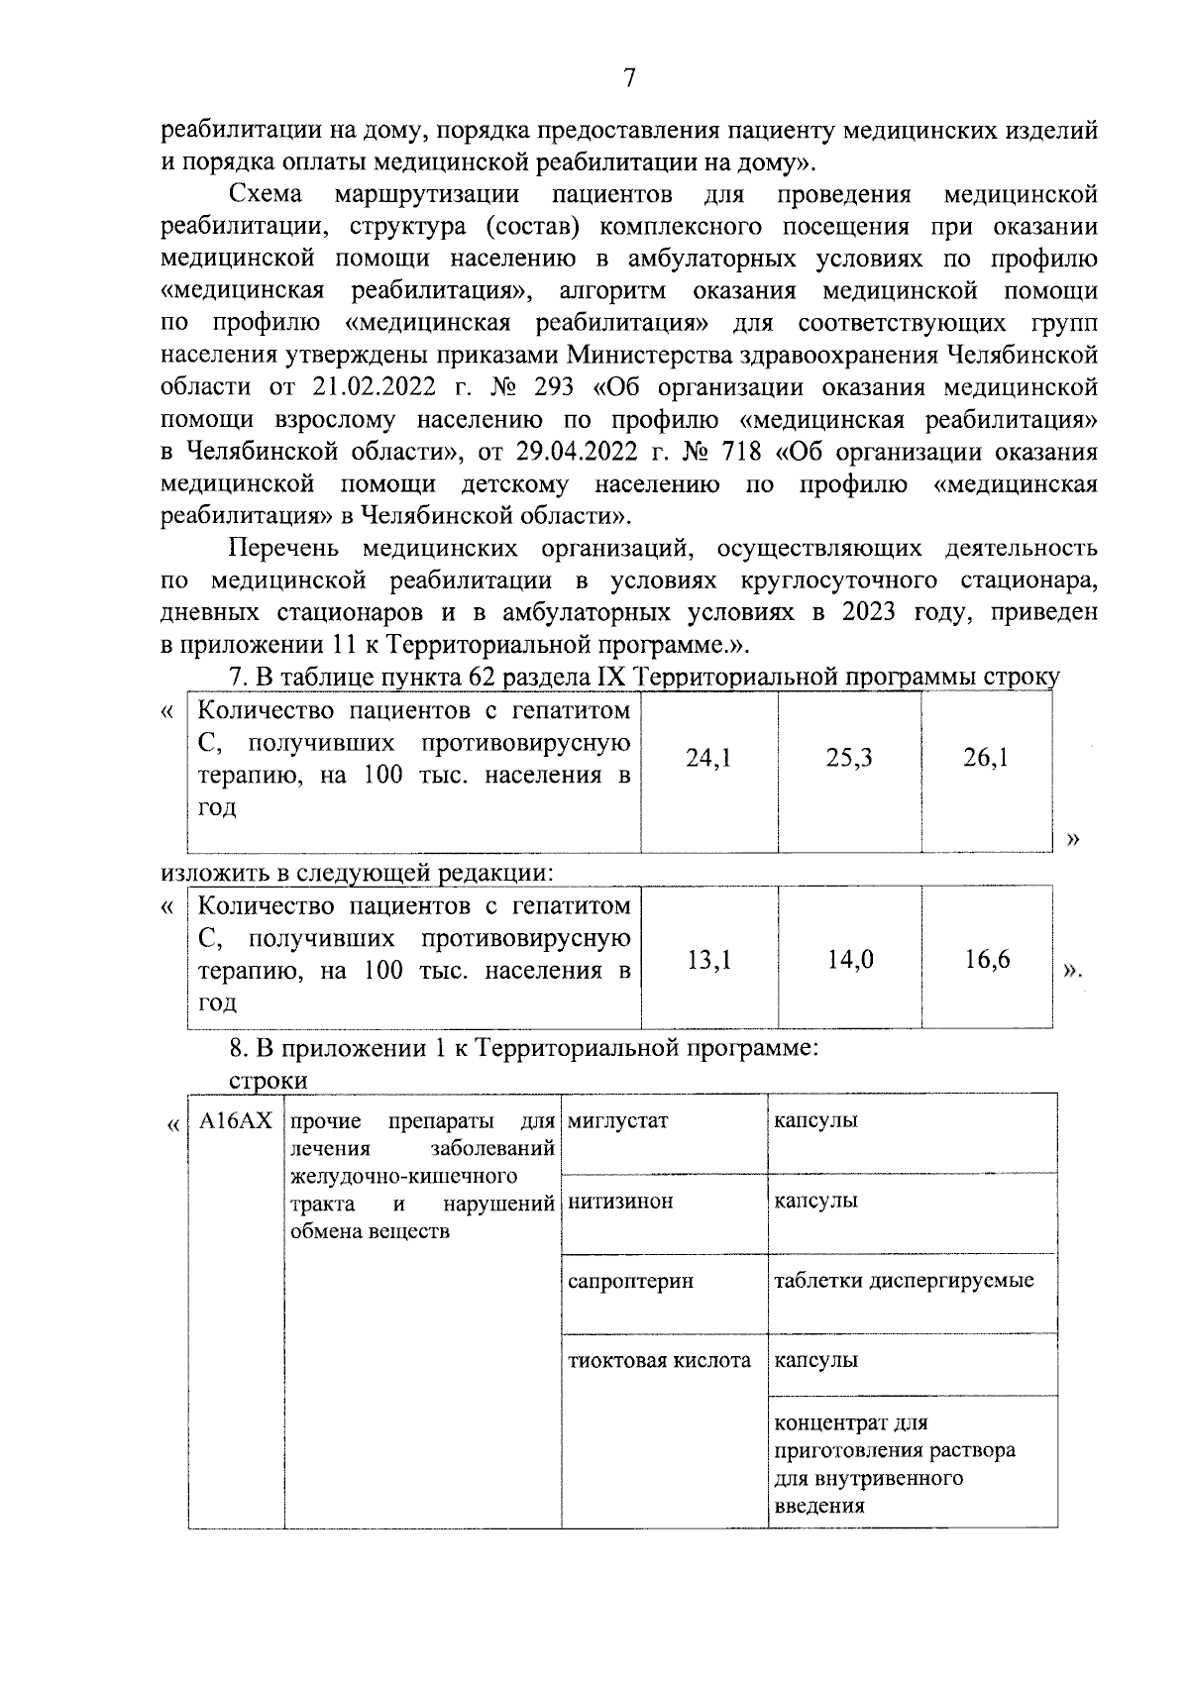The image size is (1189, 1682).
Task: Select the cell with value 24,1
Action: [708, 759]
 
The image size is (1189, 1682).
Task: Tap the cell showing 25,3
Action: [849, 759]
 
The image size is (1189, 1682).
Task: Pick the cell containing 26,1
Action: [986, 759]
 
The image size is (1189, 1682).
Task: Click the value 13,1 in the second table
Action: [708, 959]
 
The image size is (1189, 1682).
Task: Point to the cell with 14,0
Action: [850, 959]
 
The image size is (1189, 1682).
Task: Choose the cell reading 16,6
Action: [987, 959]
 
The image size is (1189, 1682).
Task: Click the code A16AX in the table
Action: [235, 1121]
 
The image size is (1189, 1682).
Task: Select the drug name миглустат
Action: [618, 1121]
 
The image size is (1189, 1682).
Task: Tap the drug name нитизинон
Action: [620, 1202]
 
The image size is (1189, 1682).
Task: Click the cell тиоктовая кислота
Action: [659, 1361]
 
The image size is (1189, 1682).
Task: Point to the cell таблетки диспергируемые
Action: [903, 1281]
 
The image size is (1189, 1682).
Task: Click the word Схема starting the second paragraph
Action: [265, 194]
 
